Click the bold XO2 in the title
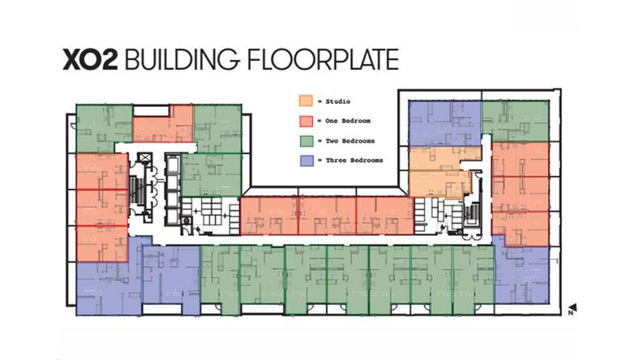[90, 59]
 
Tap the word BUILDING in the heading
[182, 59]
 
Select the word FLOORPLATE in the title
[323, 59]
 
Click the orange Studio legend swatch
[306, 101]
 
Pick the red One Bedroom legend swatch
[306, 121]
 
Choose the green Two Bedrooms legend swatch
[306, 141]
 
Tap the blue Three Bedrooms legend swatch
[306, 161]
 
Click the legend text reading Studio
[338, 101]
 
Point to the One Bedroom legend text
[348, 121]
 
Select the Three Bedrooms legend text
[354, 161]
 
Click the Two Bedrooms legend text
[350, 141]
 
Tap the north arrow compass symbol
[573, 309]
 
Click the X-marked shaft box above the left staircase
[144, 158]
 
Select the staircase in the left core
[137, 191]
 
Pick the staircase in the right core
[473, 214]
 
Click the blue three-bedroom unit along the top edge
[445, 123]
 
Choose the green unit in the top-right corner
[516, 121]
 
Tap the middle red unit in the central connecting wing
[328, 216]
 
